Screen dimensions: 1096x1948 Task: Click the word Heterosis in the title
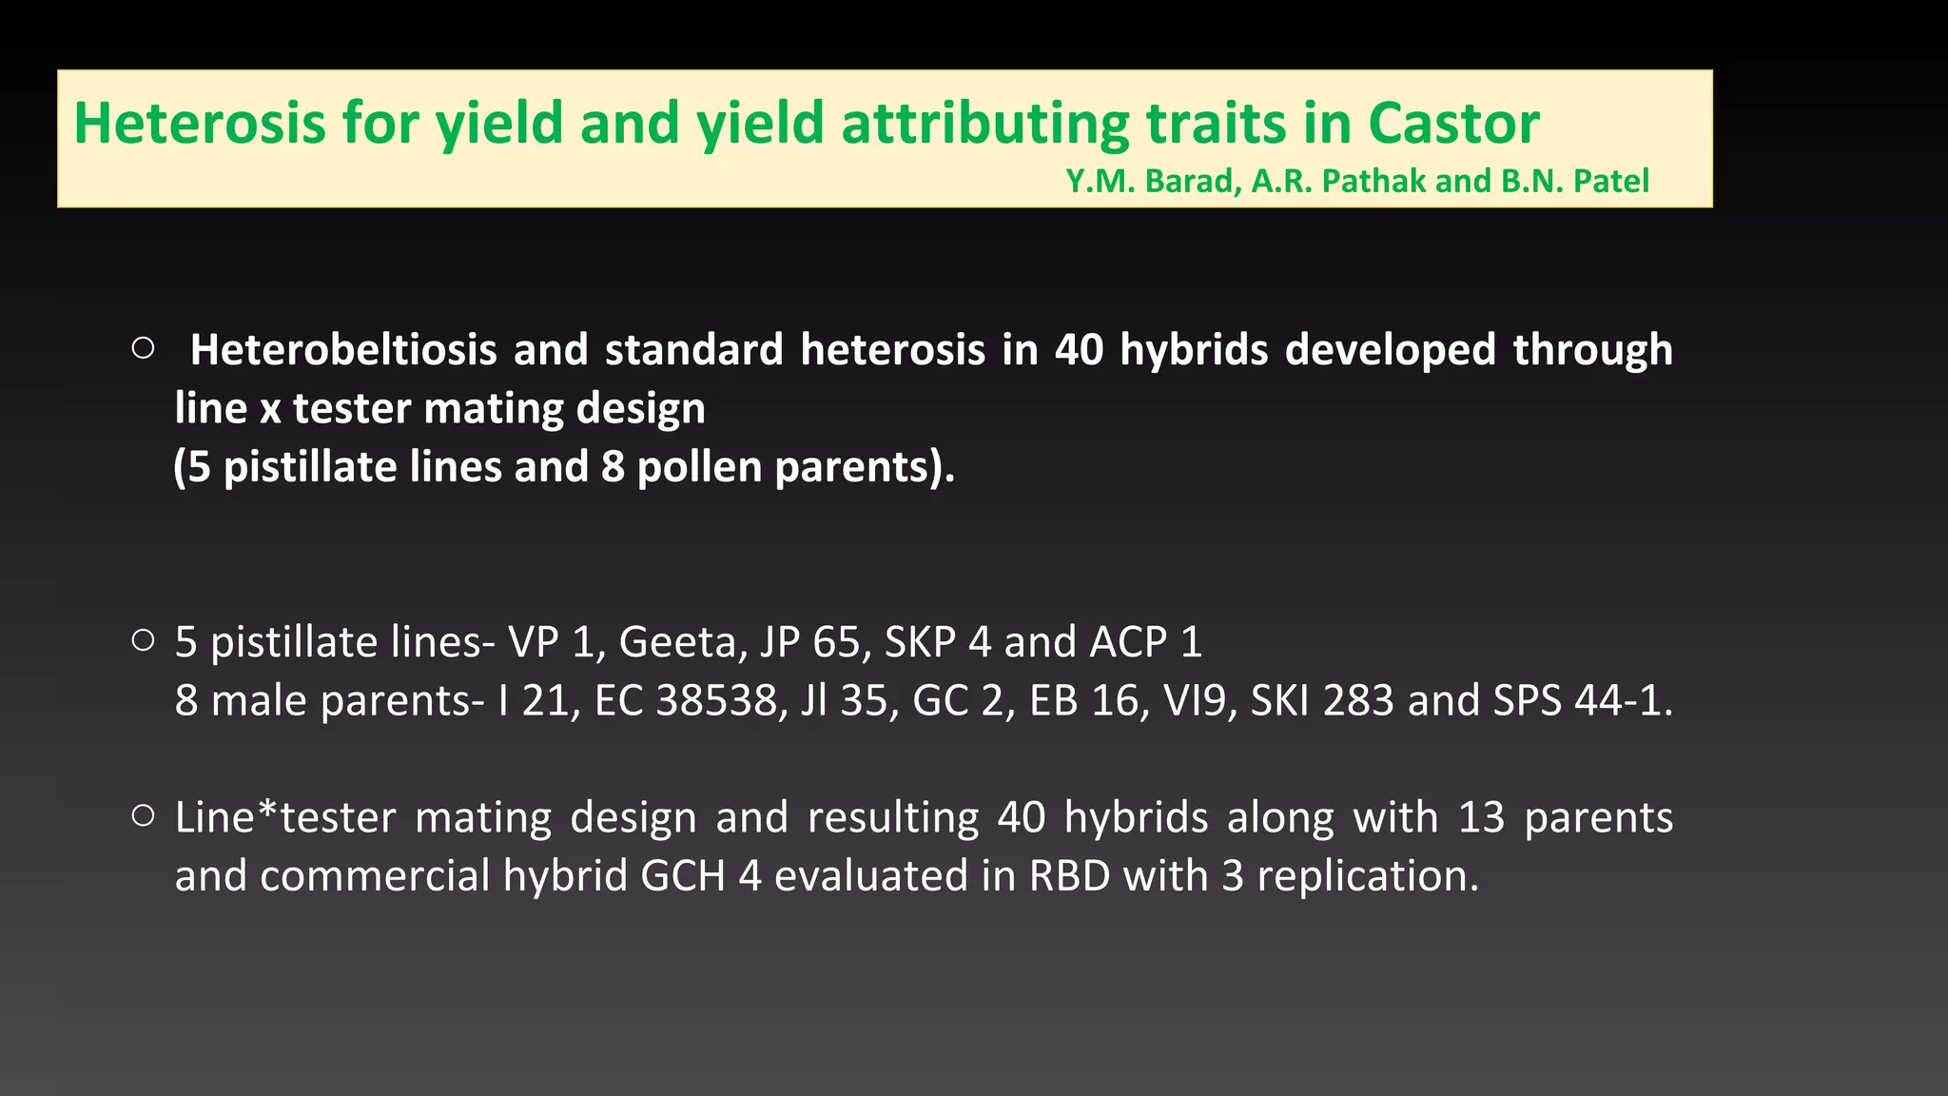pyautogui.click(x=200, y=124)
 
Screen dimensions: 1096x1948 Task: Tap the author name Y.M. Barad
pyautogui.click(x=1152, y=181)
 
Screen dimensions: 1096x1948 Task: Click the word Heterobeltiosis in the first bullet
pyautogui.click(x=343, y=350)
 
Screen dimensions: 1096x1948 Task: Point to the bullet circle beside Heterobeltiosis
pyautogui.click(x=144, y=349)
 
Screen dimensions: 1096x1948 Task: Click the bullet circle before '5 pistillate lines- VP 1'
pyautogui.click(x=144, y=641)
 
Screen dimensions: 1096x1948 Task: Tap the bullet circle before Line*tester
pyautogui.click(x=144, y=816)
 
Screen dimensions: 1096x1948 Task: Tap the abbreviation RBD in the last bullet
pyautogui.click(x=1069, y=876)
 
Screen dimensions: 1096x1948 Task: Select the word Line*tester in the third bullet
pyautogui.click(x=285, y=818)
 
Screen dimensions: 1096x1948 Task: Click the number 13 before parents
pyautogui.click(x=1481, y=818)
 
